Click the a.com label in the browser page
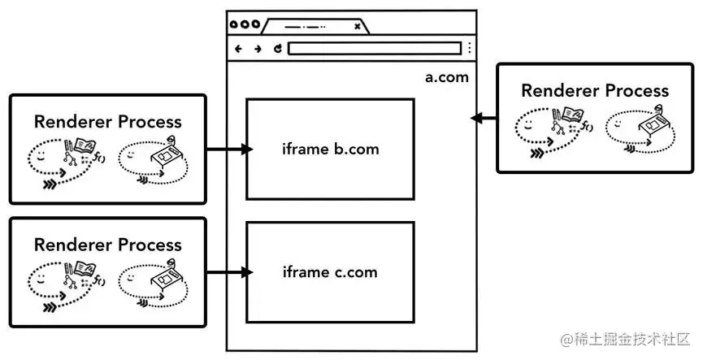(x=446, y=77)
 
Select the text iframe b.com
(x=331, y=149)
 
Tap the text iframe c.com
(x=330, y=272)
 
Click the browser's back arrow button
(x=238, y=49)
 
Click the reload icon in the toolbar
(x=278, y=49)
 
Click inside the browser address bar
(x=375, y=49)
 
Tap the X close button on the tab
(x=357, y=27)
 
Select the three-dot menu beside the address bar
(x=469, y=48)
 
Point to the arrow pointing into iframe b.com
(x=229, y=150)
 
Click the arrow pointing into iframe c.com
(x=229, y=272)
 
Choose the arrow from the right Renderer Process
(x=484, y=119)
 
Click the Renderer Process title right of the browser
(x=595, y=91)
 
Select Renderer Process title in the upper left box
(x=108, y=122)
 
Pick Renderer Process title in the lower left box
(x=108, y=245)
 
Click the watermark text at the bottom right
(x=626, y=340)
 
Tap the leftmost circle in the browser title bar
(x=234, y=24)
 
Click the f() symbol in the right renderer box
(x=588, y=127)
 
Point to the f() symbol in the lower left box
(x=99, y=280)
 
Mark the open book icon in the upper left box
(x=85, y=145)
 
